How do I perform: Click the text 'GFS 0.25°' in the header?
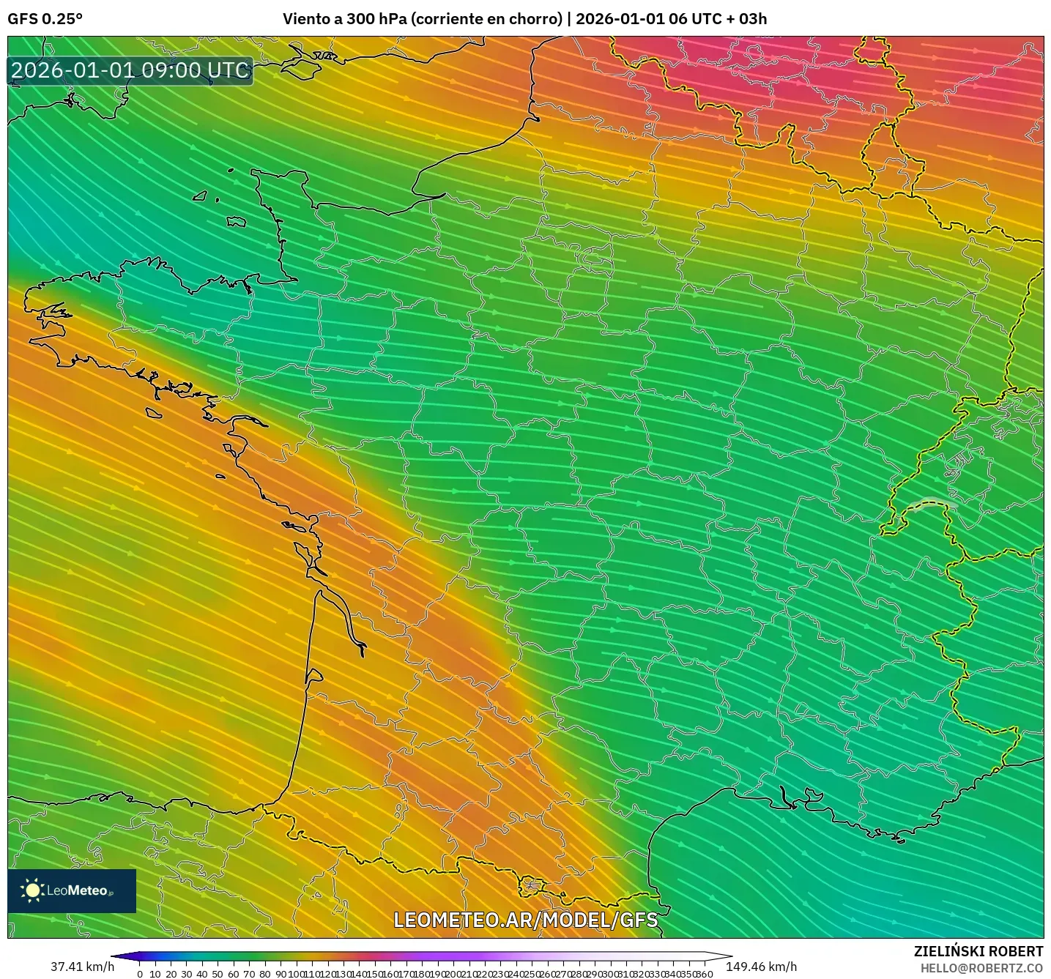[45, 19]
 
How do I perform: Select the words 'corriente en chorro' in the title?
[486, 19]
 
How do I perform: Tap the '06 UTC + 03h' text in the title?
[718, 19]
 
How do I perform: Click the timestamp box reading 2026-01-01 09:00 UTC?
[130, 70]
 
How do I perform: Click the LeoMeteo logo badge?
[72, 890]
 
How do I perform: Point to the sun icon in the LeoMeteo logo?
[32, 890]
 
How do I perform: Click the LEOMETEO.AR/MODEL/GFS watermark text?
[525, 920]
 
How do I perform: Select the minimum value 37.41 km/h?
[82, 967]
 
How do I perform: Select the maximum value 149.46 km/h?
[761, 967]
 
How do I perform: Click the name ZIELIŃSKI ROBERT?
[978, 951]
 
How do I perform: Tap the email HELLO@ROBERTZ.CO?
[981, 968]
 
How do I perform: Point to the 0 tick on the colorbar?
[140, 974]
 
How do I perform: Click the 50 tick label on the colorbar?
[218, 974]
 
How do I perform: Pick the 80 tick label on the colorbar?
[264, 974]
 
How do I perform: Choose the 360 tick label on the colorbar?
[705, 974]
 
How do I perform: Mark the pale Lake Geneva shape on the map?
[932, 505]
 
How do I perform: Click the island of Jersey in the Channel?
[235, 221]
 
